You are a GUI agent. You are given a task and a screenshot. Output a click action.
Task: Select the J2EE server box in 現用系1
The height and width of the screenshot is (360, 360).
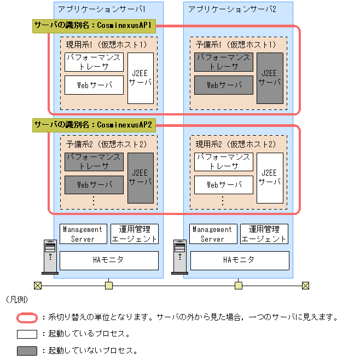point(141,78)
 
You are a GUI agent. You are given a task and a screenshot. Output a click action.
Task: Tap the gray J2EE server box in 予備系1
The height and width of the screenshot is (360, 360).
point(270,78)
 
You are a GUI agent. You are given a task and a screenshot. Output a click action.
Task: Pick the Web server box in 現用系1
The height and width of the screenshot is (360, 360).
point(94,85)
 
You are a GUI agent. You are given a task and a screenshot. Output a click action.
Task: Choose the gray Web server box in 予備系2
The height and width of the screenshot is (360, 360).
point(94,185)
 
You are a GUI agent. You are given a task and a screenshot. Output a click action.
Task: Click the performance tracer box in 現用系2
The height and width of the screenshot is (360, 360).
point(224,162)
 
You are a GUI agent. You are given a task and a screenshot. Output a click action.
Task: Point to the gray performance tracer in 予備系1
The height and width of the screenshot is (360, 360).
point(224,62)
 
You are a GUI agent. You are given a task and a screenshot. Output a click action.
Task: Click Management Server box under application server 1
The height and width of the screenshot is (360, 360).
point(83,234)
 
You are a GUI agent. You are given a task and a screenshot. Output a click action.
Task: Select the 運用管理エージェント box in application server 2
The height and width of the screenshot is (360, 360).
point(264,234)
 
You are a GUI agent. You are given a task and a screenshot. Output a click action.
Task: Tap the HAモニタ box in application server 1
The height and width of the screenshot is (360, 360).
point(109,260)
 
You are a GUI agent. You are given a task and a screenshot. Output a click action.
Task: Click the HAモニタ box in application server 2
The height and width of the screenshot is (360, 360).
point(239,260)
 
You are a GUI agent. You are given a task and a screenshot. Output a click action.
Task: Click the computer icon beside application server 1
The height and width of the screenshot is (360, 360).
point(50,257)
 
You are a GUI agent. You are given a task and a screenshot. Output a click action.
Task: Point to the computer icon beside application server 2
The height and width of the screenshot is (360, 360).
point(179,257)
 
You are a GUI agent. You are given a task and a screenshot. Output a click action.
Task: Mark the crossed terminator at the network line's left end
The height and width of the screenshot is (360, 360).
point(37,285)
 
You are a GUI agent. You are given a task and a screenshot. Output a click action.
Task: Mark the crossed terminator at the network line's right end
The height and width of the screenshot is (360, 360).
point(305,285)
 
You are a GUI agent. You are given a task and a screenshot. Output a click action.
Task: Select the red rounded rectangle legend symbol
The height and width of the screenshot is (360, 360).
point(27,317)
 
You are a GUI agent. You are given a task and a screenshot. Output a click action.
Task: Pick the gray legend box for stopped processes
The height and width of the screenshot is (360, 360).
point(27,350)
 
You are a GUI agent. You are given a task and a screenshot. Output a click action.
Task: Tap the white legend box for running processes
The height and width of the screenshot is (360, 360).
point(27,334)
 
